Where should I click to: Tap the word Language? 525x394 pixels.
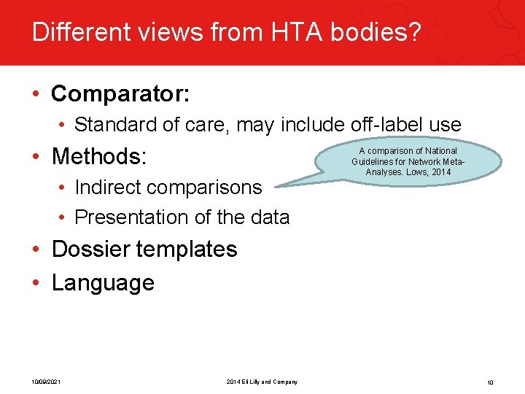click(103, 283)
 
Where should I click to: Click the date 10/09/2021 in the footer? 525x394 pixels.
click(45, 382)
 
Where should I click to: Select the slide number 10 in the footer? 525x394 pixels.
click(490, 382)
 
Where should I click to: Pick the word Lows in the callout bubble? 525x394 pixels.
click(418, 172)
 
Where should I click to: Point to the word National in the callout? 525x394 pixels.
click(440, 151)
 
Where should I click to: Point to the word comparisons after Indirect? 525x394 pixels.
click(214, 188)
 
